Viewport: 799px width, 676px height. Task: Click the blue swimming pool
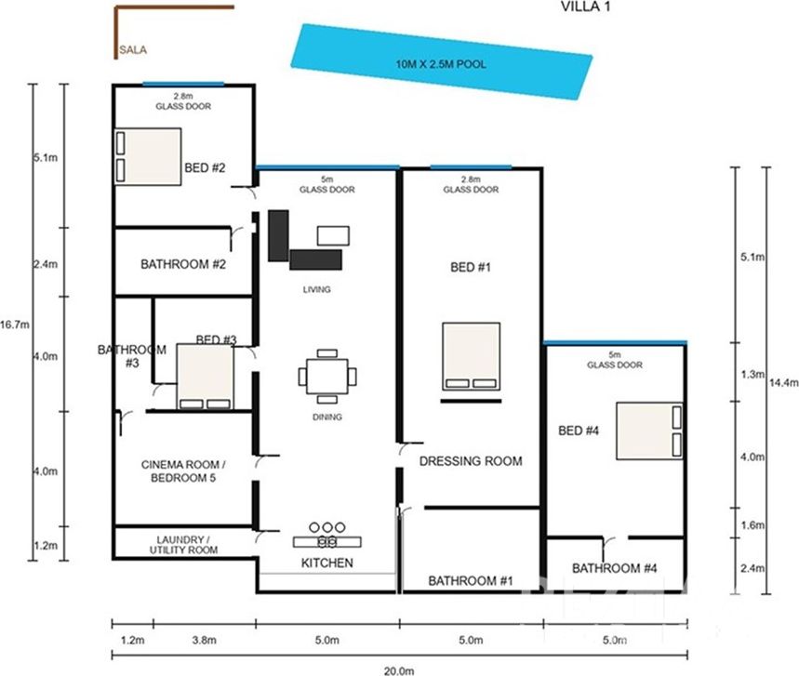[441, 61]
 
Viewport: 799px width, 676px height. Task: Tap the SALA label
[133, 50]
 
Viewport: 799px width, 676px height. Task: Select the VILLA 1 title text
[585, 7]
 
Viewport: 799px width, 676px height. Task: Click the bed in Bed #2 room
[148, 157]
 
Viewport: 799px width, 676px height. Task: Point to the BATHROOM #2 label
[183, 264]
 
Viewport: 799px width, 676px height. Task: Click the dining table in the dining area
[327, 377]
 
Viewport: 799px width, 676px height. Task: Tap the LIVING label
[316, 289]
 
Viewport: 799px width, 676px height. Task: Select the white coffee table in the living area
[333, 236]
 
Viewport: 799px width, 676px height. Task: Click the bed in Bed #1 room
[471, 356]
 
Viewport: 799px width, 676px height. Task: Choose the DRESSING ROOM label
[471, 461]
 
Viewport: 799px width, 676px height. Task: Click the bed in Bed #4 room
[649, 431]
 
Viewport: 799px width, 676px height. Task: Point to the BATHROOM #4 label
[614, 568]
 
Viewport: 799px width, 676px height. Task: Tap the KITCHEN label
[327, 563]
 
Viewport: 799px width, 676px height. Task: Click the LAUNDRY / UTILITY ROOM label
[183, 545]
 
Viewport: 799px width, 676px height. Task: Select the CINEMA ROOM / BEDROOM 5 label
[183, 471]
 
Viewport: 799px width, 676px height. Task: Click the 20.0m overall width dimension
[399, 671]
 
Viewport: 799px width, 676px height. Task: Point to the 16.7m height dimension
[15, 325]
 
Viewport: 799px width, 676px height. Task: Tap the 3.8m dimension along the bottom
[205, 640]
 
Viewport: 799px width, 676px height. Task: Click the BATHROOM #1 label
[471, 581]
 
